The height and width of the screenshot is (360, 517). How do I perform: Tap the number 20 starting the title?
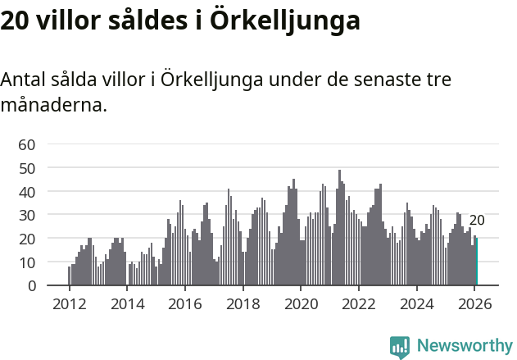(x=15, y=21)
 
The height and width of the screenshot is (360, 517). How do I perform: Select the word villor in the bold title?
(x=68, y=21)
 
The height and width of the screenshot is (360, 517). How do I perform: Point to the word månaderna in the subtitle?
(x=54, y=106)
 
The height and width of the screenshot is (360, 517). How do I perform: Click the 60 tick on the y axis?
(x=26, y=144)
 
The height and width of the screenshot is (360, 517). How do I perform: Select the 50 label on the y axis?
(x=26, y=168)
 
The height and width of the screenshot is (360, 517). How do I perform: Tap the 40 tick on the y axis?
(x=26, y=192)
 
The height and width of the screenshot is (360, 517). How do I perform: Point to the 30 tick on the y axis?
(x=26, y=215)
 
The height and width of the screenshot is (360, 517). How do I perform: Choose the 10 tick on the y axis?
(x=26, y=262)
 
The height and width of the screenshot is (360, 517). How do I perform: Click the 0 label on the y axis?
(x=30, y=286)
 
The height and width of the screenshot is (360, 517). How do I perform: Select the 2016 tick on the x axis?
(x=184, y=303)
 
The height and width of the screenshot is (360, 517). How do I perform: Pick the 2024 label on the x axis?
(x=416, y=303)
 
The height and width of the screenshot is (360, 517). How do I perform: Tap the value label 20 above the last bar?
(x=477, y=220)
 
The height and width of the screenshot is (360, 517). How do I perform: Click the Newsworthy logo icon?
(x=400, y=347)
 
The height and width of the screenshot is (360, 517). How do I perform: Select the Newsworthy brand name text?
(x=464, y=346)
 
